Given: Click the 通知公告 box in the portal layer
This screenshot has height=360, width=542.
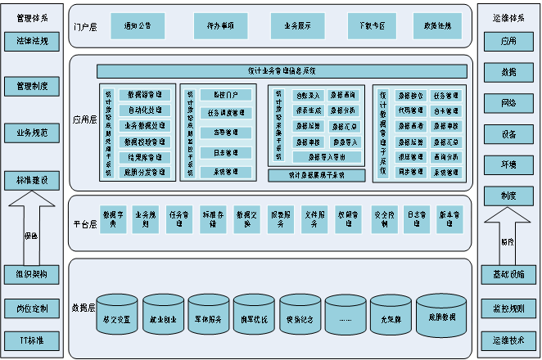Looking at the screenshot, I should click(137, 27).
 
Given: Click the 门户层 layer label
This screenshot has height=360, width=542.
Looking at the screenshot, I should click(84, 27).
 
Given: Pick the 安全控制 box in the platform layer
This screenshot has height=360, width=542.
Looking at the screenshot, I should click(384, 216).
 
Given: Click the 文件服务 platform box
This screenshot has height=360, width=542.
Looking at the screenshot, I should click(315, 216).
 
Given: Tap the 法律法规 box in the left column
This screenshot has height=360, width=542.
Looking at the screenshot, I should click(31, 40).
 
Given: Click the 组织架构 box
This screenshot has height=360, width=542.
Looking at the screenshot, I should click(31, 273).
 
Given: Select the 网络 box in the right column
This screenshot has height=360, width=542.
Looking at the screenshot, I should click(508, 103).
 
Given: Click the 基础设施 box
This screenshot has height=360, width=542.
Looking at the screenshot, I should click(508, 273).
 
